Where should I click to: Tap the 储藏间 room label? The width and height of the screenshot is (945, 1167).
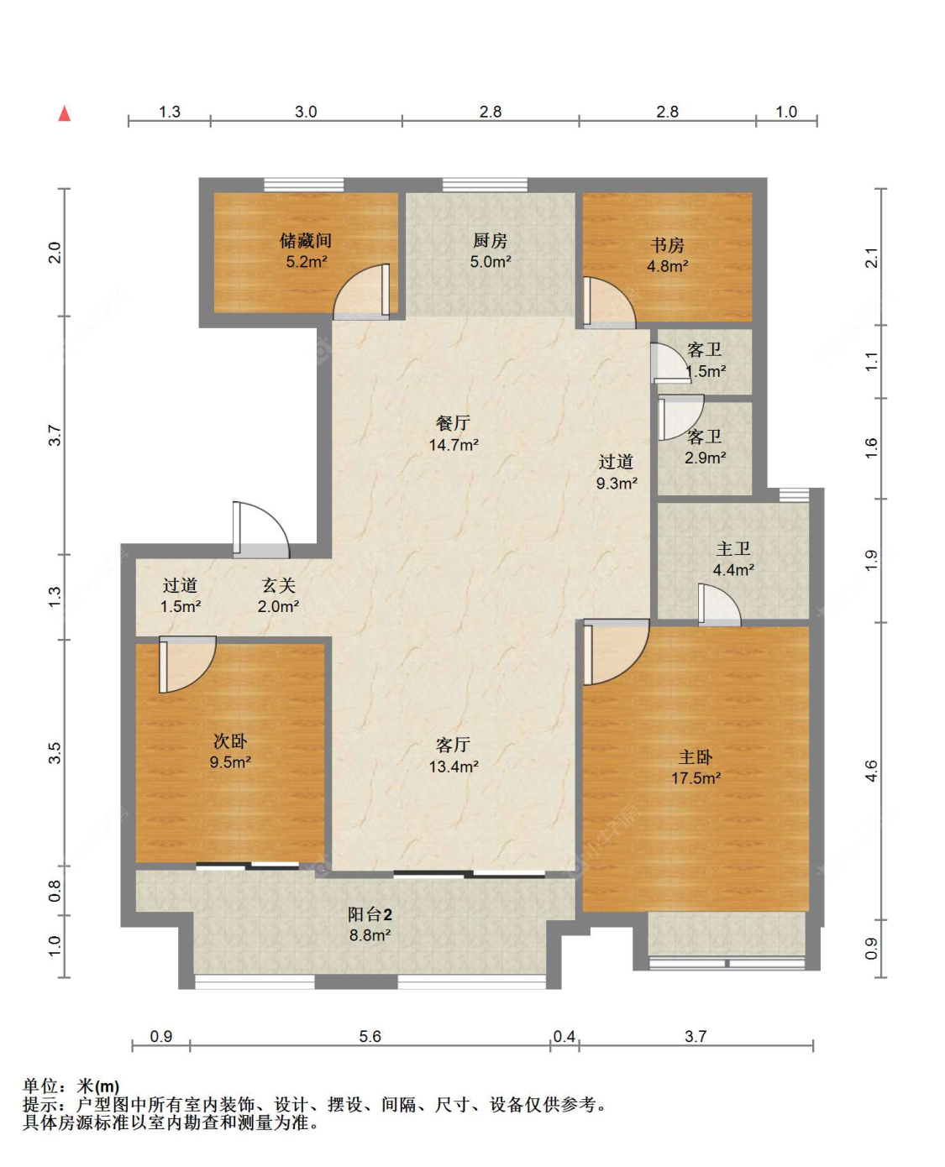tap(305, 240)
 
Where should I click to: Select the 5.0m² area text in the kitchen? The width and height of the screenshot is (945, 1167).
tap(490, 261)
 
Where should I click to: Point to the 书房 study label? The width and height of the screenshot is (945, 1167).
tap(667, 244)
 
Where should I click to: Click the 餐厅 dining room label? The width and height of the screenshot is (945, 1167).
tap(453, 422)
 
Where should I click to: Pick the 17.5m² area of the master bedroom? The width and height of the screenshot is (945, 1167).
tap(696, 777)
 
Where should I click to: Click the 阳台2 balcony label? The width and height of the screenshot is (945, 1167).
tap(370, 914)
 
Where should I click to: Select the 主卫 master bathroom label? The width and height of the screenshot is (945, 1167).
tap(732, 548)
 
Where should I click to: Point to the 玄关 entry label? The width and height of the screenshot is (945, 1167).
tap(278, 585)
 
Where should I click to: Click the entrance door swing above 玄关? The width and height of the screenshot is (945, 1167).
tap(260, 529)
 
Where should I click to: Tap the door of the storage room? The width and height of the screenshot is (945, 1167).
tap(361, 292)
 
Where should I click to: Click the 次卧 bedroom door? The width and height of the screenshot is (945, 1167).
tap(187, 665)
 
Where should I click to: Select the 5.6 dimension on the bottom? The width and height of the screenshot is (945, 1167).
tap(370, 1036)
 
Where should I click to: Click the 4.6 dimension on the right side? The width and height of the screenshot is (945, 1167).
tap(871, 771)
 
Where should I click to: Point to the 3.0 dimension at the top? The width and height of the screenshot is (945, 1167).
tap(306, 111)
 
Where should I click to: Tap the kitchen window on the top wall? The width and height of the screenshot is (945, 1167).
tap(486, 185)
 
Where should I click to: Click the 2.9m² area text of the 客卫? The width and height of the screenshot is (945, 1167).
tap(706, 458)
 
